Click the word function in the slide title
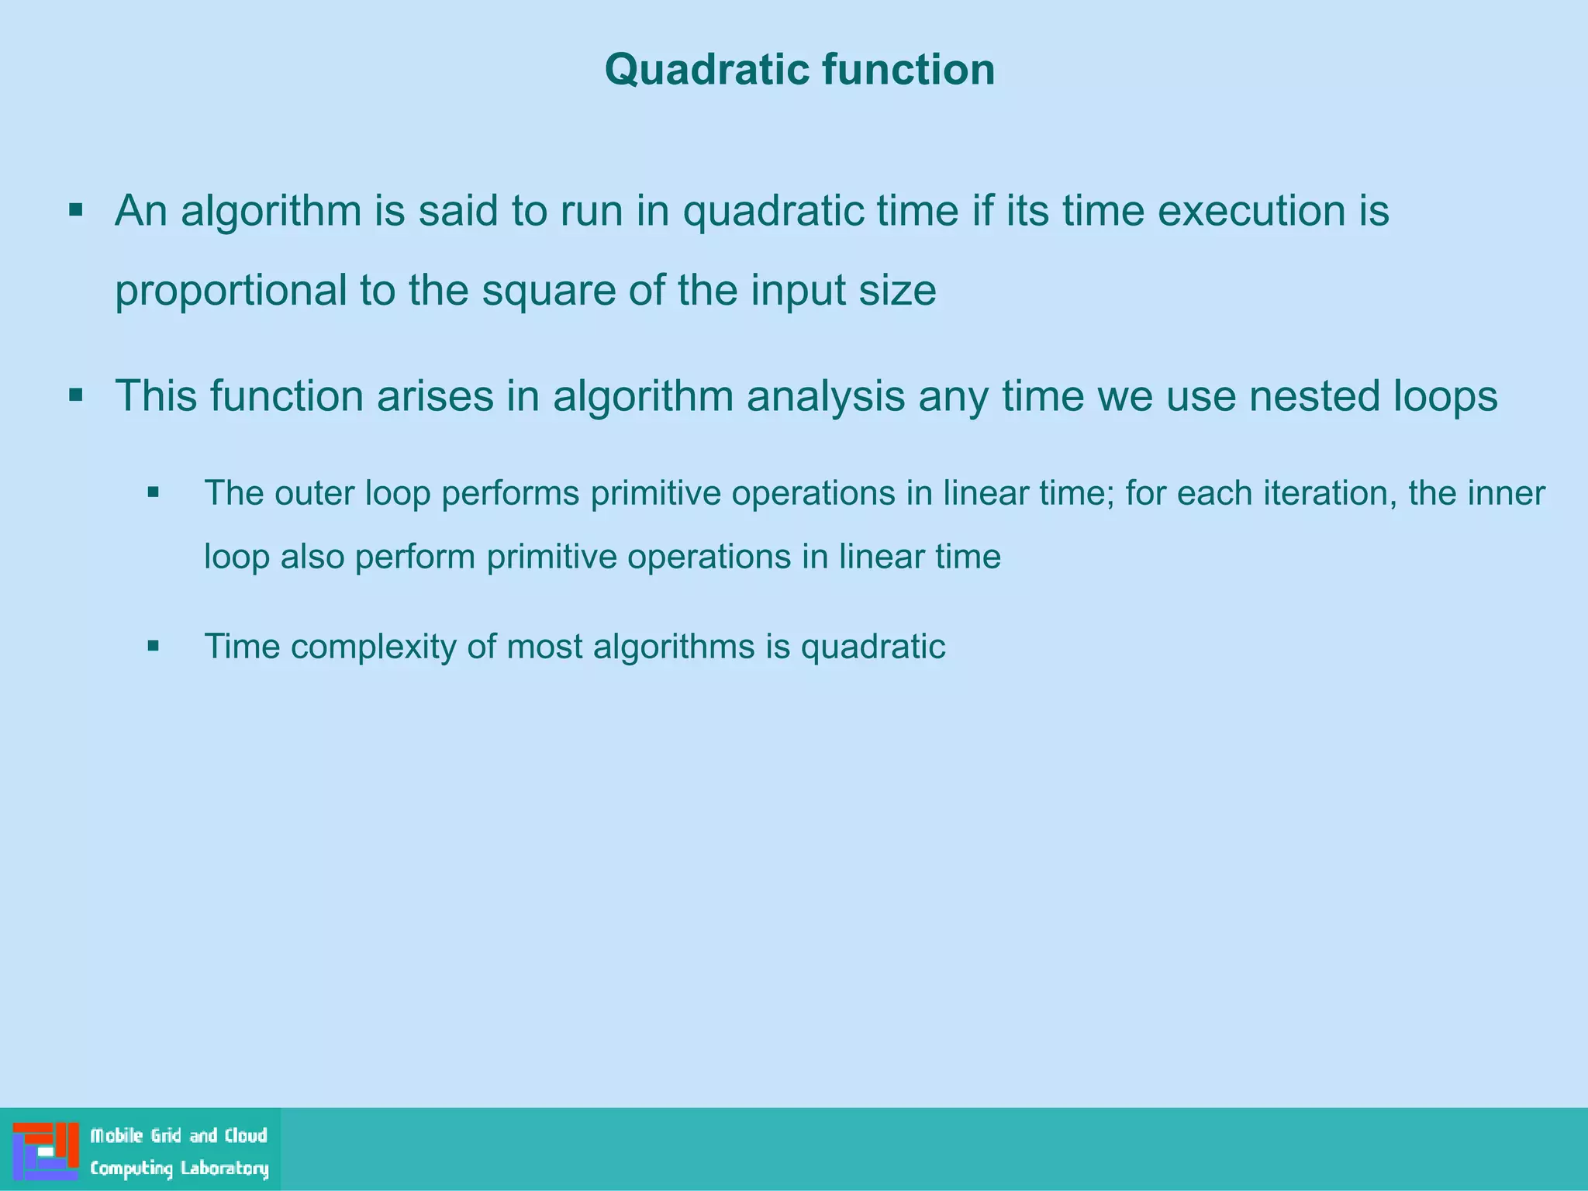point(908,70)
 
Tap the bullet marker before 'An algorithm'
point(75,210)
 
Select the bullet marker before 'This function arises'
point(75,395)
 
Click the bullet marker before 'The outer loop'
point(153,492)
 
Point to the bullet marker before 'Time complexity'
point(153,645)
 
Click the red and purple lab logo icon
point(46,1151)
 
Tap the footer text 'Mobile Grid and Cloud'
point(179,1136)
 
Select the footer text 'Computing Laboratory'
point(179,1169)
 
